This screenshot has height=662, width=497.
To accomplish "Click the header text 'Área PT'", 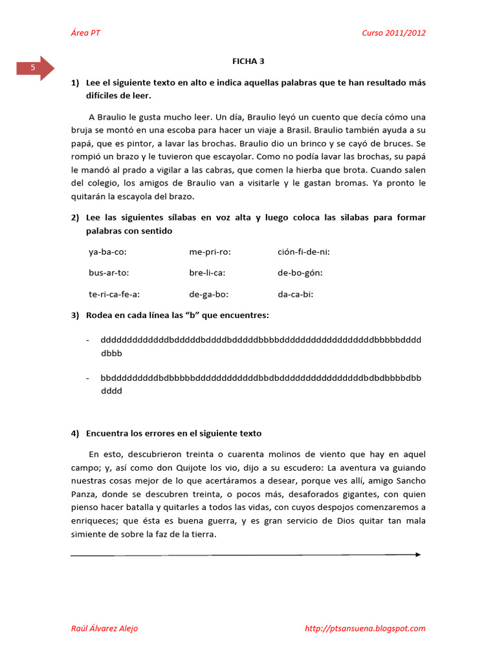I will pos(85,34).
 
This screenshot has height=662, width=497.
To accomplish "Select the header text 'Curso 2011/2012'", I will pos(393,34).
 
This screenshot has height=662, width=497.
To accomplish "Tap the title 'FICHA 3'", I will pos(248,61).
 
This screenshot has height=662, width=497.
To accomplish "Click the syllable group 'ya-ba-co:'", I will pos(107,252).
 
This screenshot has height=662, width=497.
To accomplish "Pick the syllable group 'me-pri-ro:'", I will pos(210,252).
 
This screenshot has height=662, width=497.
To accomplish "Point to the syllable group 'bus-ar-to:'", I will pos(109,273).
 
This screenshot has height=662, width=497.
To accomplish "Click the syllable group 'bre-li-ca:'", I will pos(207,273).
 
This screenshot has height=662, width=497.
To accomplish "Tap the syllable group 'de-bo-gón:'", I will pos(300,273).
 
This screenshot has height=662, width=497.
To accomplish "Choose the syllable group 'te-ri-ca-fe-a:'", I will pos(115,294).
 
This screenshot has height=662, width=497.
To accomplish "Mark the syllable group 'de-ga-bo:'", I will pos(209,294).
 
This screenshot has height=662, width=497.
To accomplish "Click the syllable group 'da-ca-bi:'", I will pos(296,294).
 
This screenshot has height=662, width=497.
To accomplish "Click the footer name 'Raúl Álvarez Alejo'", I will pos(104,628).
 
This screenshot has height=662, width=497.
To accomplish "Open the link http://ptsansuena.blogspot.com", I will pos(365,628).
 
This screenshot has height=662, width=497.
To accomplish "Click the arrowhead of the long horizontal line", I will pos(417,555).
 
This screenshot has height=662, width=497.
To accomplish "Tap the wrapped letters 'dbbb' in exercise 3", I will pos(111,354).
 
